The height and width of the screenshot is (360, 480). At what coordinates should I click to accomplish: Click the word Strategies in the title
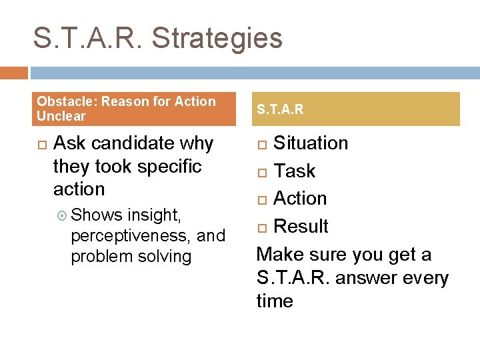tap(217, 39)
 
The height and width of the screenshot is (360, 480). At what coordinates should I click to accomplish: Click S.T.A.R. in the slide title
tap(89, 38)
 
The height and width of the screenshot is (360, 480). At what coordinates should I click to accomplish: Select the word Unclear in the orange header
tap(61, 116)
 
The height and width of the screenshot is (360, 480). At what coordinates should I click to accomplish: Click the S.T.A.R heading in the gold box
tap(280, 109)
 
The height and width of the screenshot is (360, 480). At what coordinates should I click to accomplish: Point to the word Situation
tap(311, 143)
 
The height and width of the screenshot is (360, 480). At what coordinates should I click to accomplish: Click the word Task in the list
tap(295, 171)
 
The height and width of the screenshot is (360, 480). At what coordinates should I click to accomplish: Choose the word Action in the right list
tap(300, 199)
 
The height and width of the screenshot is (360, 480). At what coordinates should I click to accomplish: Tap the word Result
tap(301, 227)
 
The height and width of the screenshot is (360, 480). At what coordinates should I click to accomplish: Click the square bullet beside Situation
tap(263, 144)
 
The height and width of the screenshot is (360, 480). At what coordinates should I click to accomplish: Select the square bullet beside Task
tap(263, 172)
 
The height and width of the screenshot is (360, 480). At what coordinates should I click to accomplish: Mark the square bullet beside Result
tap(263, 227)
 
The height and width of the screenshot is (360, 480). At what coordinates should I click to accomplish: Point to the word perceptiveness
tap(131, 236)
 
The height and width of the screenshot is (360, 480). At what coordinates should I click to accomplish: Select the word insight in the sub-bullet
tap(153, 215)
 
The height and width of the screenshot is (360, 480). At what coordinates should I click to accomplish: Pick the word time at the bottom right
tap(275, 301)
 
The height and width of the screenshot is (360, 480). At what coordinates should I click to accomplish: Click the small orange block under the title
tap(14, 73)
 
